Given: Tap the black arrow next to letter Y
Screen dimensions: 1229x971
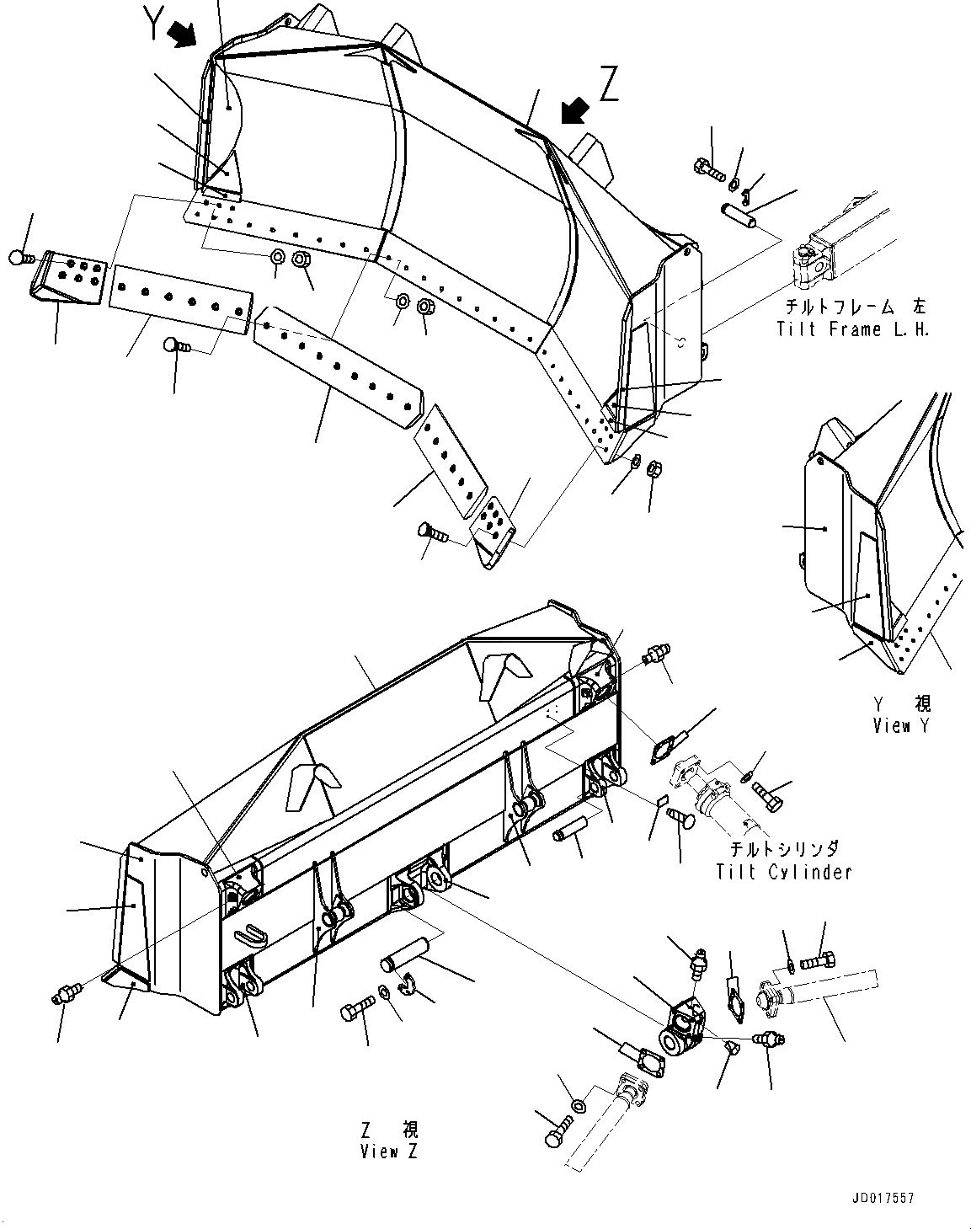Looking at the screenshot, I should pos(183,35).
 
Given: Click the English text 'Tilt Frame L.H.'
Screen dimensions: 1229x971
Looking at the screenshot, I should pos(853,329).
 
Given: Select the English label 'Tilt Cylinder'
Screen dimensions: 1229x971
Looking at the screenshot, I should pos(783,873).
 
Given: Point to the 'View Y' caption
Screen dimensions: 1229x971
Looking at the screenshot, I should pos(902,725).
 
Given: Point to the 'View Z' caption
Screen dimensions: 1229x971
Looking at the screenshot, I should pos(388,1151).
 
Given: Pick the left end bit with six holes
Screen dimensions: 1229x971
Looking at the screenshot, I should pos(71,273).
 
